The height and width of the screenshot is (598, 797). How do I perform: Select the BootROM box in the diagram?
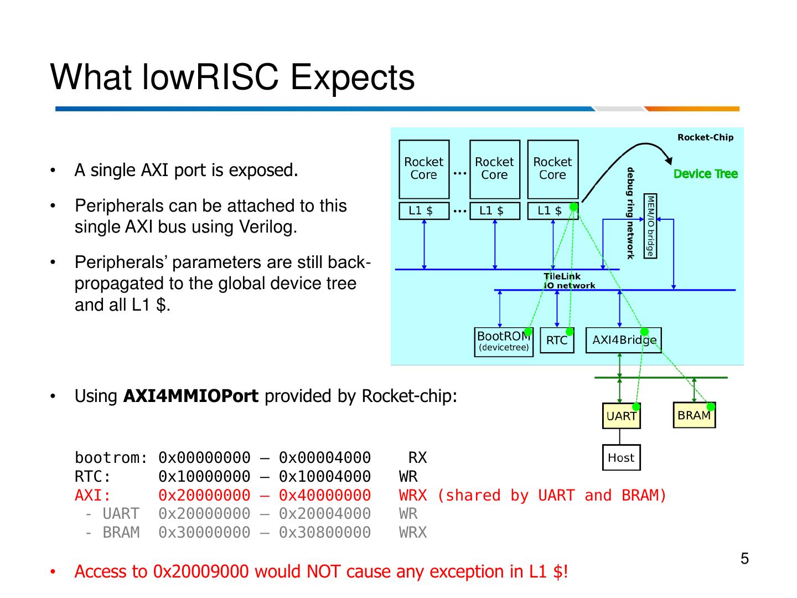(504, 342)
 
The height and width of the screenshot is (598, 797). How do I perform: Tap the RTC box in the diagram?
(556, 340)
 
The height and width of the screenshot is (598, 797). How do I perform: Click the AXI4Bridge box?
(623, 340)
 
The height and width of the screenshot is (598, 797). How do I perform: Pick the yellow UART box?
(621, 416)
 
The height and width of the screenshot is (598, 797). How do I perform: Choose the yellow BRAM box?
(694, 415)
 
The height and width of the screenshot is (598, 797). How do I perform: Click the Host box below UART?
(621, 457)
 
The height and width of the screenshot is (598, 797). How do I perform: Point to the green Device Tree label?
(705, 174)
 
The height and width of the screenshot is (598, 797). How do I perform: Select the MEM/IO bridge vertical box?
(650, 225)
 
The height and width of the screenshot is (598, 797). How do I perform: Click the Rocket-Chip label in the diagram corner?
(705, 137)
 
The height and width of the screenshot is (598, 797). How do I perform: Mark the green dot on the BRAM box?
(711, 407)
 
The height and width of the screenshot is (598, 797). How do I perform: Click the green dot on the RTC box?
(570, 332)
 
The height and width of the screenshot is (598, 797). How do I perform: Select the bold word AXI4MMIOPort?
(190, 396)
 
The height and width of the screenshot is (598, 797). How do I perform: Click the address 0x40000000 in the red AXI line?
(324, 495)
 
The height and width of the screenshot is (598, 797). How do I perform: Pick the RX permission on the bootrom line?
(417, 458)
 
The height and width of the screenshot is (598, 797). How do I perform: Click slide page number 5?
(744, 559)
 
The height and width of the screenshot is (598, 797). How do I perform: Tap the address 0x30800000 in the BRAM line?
(324, 532)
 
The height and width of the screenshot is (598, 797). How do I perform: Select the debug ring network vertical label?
(630, 213)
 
